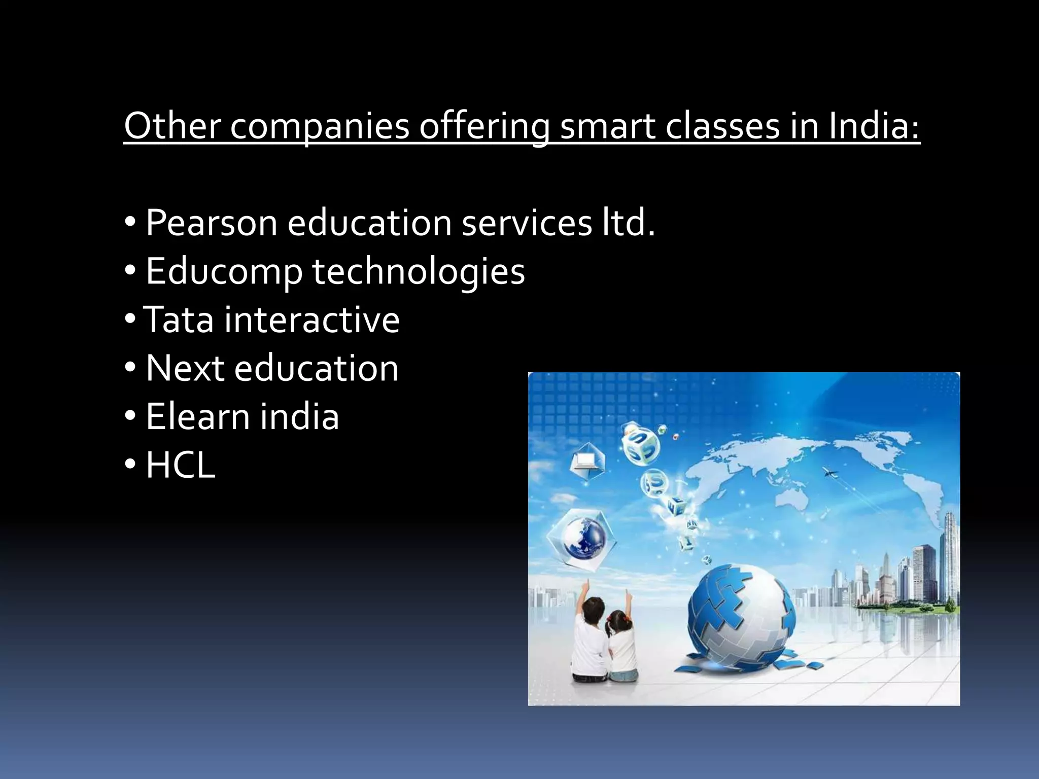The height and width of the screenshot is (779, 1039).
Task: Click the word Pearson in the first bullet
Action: point(211,223)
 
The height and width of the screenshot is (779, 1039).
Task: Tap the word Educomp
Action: point(224,272)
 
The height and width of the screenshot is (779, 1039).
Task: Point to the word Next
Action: point(185,368)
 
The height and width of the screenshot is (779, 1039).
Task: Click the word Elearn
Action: point(198,416)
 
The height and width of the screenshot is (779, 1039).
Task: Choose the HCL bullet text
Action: point(181,465)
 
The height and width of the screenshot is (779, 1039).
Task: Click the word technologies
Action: point(419,272)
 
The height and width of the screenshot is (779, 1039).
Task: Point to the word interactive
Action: point(312,320)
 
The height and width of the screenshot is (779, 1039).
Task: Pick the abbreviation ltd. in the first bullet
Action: point(629,223)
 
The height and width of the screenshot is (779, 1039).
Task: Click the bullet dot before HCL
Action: point(130,464)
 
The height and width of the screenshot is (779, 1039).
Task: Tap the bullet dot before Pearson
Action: point(130,222)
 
